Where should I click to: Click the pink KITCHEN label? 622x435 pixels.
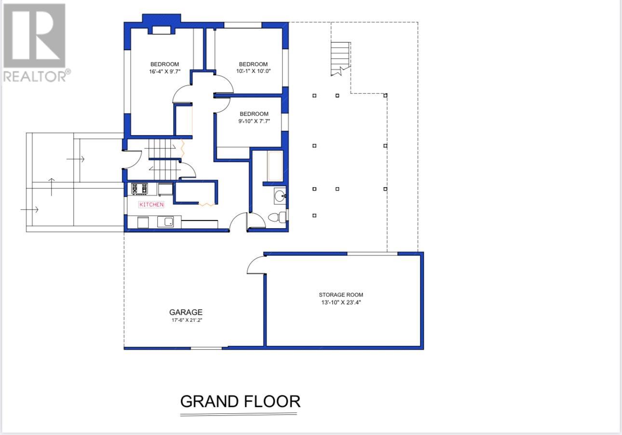click(151, 204)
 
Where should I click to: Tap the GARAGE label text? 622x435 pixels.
click(186, 312)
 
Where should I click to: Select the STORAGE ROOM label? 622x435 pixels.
click(341, 295)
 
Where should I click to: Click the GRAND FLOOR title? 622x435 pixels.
click(240, 401)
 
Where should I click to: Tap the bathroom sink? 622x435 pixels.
click(280, 196)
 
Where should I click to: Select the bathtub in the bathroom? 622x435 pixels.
click(275, 166)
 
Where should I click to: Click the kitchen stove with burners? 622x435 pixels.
click(139, 189)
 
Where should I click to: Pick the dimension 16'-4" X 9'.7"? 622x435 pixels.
click(164, 71)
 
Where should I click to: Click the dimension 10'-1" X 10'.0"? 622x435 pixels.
click(253, 71)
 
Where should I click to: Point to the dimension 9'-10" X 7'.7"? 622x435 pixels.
click(254, 121)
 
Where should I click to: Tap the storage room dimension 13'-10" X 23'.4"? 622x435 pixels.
click(341, 302)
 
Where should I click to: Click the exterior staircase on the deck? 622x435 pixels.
click(340, 58)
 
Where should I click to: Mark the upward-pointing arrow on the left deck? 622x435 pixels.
click(52, 186)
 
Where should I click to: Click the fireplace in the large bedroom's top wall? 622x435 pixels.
click(161, 30)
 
